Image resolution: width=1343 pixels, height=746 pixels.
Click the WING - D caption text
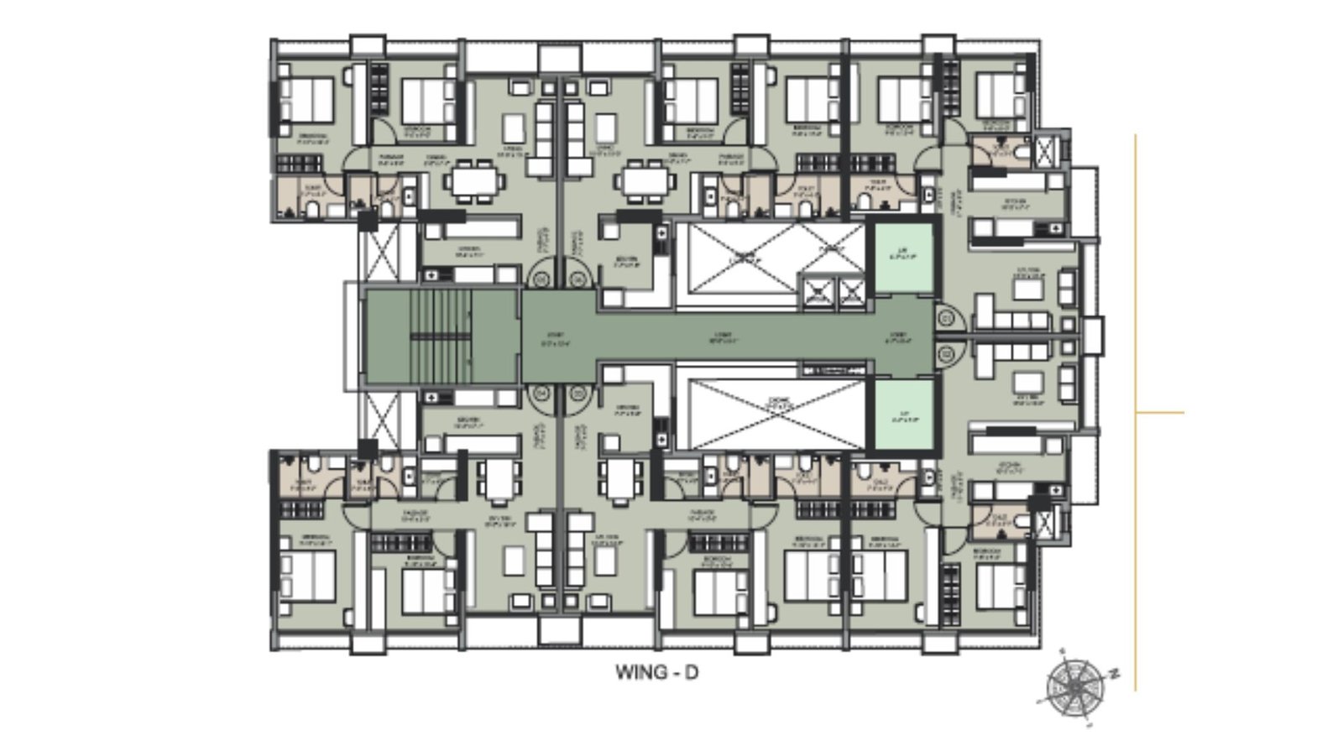coord(656,672)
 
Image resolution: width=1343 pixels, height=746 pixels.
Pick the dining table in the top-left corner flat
coord(474,180)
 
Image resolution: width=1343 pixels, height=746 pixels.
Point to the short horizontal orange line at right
coord(1160,412)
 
